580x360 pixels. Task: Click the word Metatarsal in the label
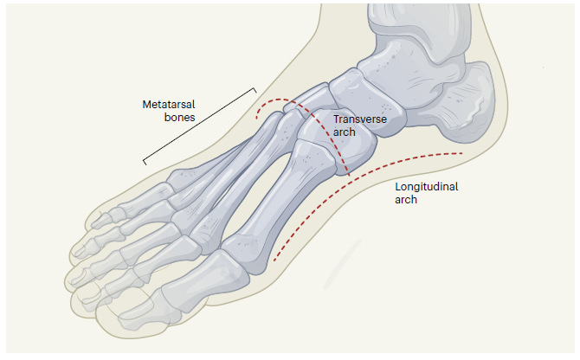point(170,104)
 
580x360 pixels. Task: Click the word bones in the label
point(179,117)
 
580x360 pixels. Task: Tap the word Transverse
point(359,119)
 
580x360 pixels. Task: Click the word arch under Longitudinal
point(406,199)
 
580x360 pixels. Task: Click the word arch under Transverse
point(345,132)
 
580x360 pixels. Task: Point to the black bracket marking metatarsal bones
point(199,125)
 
